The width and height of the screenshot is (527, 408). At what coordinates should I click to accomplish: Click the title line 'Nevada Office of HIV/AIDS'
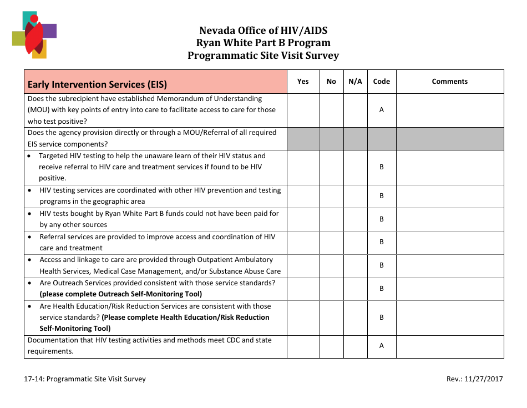(x=263, y=31)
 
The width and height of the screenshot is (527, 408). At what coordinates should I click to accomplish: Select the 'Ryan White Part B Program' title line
(x=263, y=43)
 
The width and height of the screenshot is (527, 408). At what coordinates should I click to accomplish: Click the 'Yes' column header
(x=303, y=82)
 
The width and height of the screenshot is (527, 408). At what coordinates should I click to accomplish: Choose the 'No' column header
(x=331, y=82)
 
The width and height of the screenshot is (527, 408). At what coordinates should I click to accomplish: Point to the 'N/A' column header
(x=355, y=82)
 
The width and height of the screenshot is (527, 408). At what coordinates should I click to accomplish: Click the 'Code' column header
(x=381, y=82)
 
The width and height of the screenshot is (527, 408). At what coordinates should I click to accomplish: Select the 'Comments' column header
(x=449, y=82)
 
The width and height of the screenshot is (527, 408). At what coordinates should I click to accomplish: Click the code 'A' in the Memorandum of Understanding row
(x=381, y=110)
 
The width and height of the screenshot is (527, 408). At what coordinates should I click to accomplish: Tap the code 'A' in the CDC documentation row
(x=381, y=346)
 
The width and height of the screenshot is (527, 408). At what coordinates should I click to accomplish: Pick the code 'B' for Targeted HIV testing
(x=381, y=167)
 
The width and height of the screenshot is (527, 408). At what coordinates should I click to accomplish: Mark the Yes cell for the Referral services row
(x=303, y=243)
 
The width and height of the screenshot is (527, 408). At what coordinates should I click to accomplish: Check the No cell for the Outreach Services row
(x=331, y=289)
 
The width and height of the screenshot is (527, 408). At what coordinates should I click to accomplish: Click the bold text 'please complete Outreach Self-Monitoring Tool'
(x=120, y=294)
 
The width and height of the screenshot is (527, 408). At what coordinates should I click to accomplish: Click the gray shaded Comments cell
(x=449, y=139)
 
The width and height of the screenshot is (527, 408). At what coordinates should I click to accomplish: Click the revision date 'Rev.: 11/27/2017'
(x=474, y=379)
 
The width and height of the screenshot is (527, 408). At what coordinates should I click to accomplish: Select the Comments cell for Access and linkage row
(x=449, y=266)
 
